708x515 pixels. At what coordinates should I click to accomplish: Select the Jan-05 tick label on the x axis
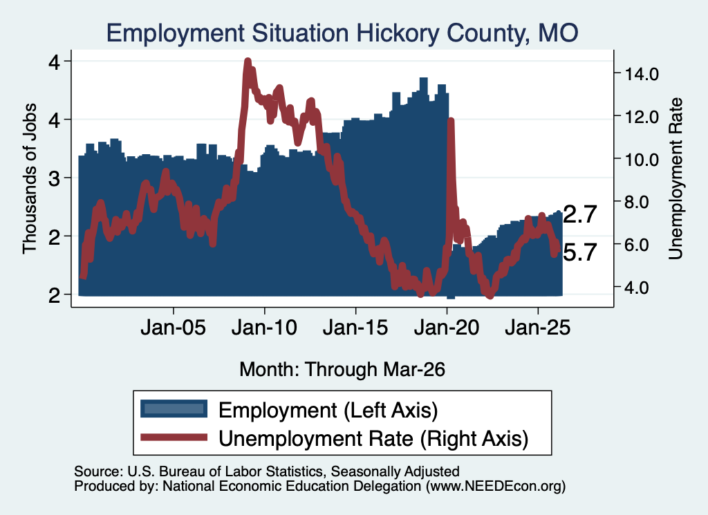tap(174, 327)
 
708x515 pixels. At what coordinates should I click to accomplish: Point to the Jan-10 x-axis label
tap(265, 327)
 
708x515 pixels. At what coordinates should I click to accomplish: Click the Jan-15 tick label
tap(355, 327)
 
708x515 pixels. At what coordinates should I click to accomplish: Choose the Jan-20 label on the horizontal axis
tap(447, 327)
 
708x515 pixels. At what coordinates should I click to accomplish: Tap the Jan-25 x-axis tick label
tap(538, 327)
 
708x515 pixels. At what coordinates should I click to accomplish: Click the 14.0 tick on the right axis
tap(642, 73)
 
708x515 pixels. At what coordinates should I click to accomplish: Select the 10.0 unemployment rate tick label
tap(642, 159)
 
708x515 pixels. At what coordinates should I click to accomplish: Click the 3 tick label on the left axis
tap(54, 178)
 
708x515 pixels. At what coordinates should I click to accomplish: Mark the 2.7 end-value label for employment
tap(580, 214)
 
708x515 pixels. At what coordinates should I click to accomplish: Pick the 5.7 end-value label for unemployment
tap(580, 252)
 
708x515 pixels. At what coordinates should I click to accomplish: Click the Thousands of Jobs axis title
tap(29, 179)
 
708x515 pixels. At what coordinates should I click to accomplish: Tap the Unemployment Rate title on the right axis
tap(676, 179)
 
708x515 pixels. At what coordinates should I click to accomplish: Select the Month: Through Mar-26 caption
tap(342, 369)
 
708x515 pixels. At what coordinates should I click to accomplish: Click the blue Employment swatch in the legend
tap(174, 409)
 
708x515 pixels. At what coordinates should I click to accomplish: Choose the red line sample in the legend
tap(174, 437)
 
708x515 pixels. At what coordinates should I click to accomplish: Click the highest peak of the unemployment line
tap(248, 61)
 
